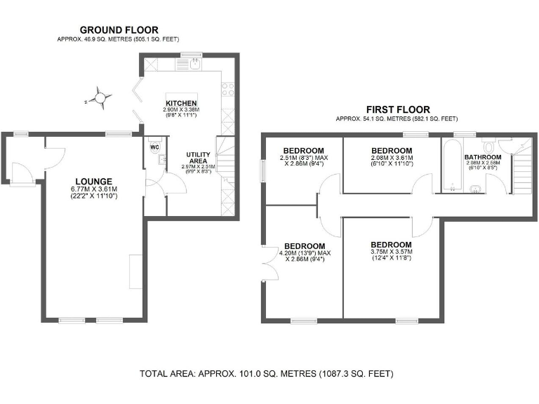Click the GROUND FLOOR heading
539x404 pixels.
tap(119, 29)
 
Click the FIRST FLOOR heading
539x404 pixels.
tap(398, 109)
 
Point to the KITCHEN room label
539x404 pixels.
tap(181, 103)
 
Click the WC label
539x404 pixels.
tap(155, 148)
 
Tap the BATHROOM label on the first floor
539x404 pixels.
tap(484, 157)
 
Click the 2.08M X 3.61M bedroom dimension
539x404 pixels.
tap(391, 159)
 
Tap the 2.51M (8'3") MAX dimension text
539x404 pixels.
tap(303, 159)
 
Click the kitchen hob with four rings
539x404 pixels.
tap(227, 89)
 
